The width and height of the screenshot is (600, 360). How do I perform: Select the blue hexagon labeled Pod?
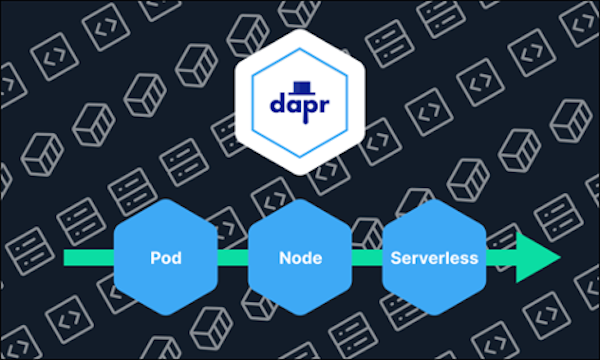(166, 258)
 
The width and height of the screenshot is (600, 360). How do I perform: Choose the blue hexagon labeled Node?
(299, 258)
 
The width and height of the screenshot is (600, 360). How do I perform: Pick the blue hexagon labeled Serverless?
(432, 258)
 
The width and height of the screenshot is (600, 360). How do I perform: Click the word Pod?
(166, 258)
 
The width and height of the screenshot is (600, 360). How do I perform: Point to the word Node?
(299, 258)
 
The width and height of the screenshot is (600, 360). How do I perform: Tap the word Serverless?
(432, 258)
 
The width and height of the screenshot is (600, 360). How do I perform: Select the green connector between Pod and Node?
(232, 258)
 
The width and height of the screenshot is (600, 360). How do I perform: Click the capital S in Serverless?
(395, 258)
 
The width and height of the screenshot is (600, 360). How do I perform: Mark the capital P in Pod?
(154, 258)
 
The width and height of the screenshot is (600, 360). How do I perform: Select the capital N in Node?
(283, 258)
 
